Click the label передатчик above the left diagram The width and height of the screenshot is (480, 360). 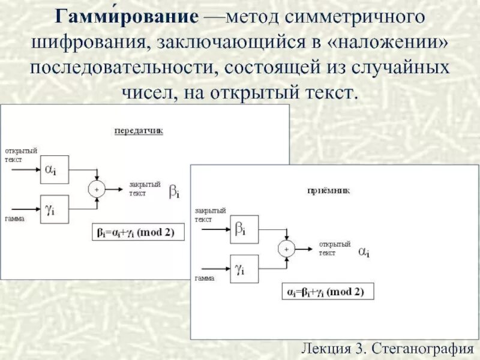click(x=139, y=130)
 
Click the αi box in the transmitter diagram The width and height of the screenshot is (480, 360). click(x=54, y=170)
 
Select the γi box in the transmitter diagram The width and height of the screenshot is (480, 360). click(x=54, y=209)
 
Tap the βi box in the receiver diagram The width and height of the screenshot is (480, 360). click(x=244, y=230)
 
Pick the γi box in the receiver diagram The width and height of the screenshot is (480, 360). click(x=244, y=269)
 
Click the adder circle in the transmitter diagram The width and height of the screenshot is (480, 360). click(x=97, y=189)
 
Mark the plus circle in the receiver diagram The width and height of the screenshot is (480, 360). click(x=286, y=249)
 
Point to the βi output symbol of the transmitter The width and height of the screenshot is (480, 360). click(x=174, y=192)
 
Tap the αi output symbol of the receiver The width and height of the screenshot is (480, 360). click(x=364, y=252)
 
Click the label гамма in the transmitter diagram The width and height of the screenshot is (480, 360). click(x=14, y=219)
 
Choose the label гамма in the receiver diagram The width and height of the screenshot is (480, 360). click(x=205, y=278)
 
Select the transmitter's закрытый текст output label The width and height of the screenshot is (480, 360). click(x=145, y=189)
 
